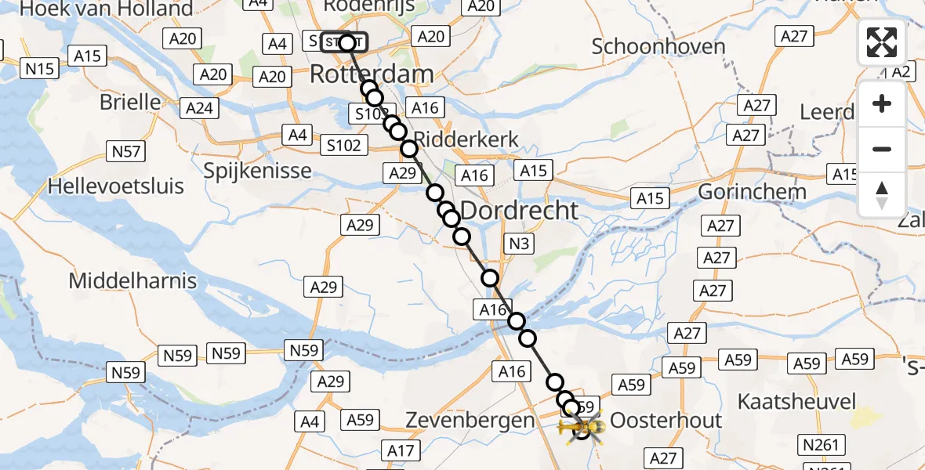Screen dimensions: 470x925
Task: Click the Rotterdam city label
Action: pos(372,75)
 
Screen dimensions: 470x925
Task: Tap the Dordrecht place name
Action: pos(519,210)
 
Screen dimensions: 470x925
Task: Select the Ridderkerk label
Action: pos(466,139)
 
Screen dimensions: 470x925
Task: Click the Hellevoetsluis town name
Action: pos(116,186)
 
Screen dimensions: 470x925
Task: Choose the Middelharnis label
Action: pos(132,280)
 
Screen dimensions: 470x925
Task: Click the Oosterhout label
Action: pos(666,420)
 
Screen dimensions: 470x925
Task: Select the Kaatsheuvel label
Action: pos(796,402)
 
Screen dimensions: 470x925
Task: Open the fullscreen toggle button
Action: pos(882,42)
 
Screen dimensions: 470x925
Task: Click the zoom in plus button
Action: pos(882,103)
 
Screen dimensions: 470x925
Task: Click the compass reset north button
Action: pos(882,195)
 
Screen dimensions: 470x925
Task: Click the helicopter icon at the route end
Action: pos(580,427)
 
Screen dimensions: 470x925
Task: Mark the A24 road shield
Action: pos(199,107)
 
